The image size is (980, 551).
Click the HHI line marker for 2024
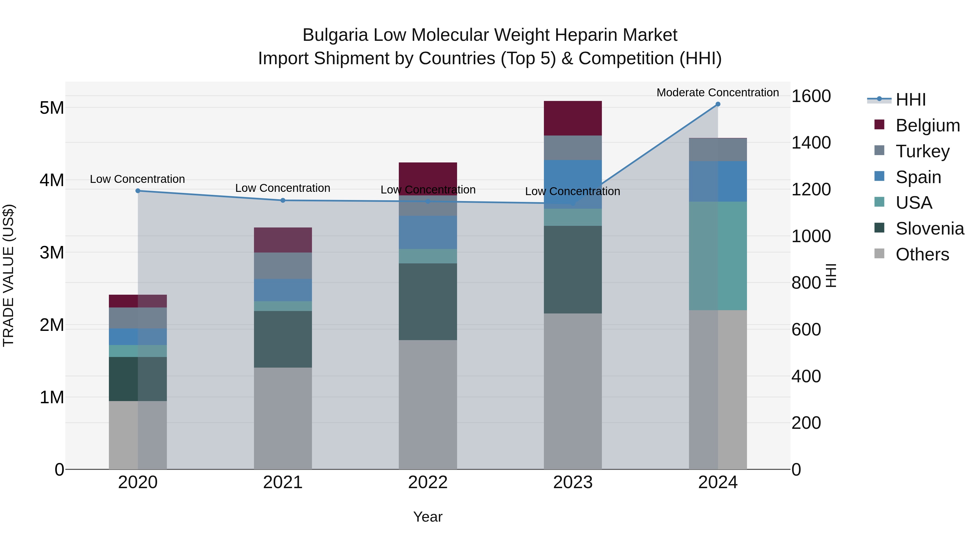click(x=718, y=104)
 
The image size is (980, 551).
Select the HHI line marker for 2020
click(x=138, y=191)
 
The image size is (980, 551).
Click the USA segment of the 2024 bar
click(x=718, y=256)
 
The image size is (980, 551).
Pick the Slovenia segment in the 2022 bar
click(x=428, y=301)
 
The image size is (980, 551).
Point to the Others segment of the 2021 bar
click(x=283, y=418)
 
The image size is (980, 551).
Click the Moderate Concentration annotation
click(x=718, y=93)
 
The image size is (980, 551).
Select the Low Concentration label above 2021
click(x=283, y=188)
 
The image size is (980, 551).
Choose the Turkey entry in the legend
click(x=922, y=151)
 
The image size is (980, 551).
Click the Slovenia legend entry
click(x=929, y=229)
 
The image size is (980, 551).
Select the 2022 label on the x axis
click(x=428, y=482)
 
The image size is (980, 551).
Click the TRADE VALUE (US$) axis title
click(x=9, y=275)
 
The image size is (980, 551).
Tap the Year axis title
click(x=428, y=517)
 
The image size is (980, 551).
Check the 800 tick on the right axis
click(x=806, y=283)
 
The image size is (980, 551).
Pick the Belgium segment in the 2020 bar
click(x=138, y=301)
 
